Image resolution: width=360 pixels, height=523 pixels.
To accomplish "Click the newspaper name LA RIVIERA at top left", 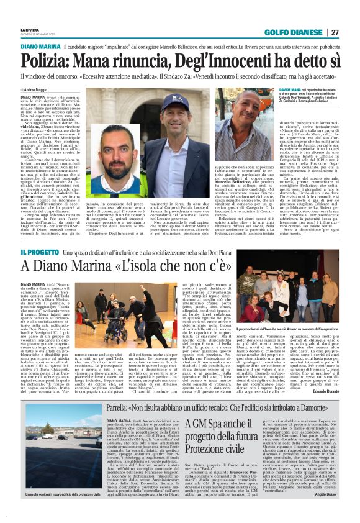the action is click(29, 30).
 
